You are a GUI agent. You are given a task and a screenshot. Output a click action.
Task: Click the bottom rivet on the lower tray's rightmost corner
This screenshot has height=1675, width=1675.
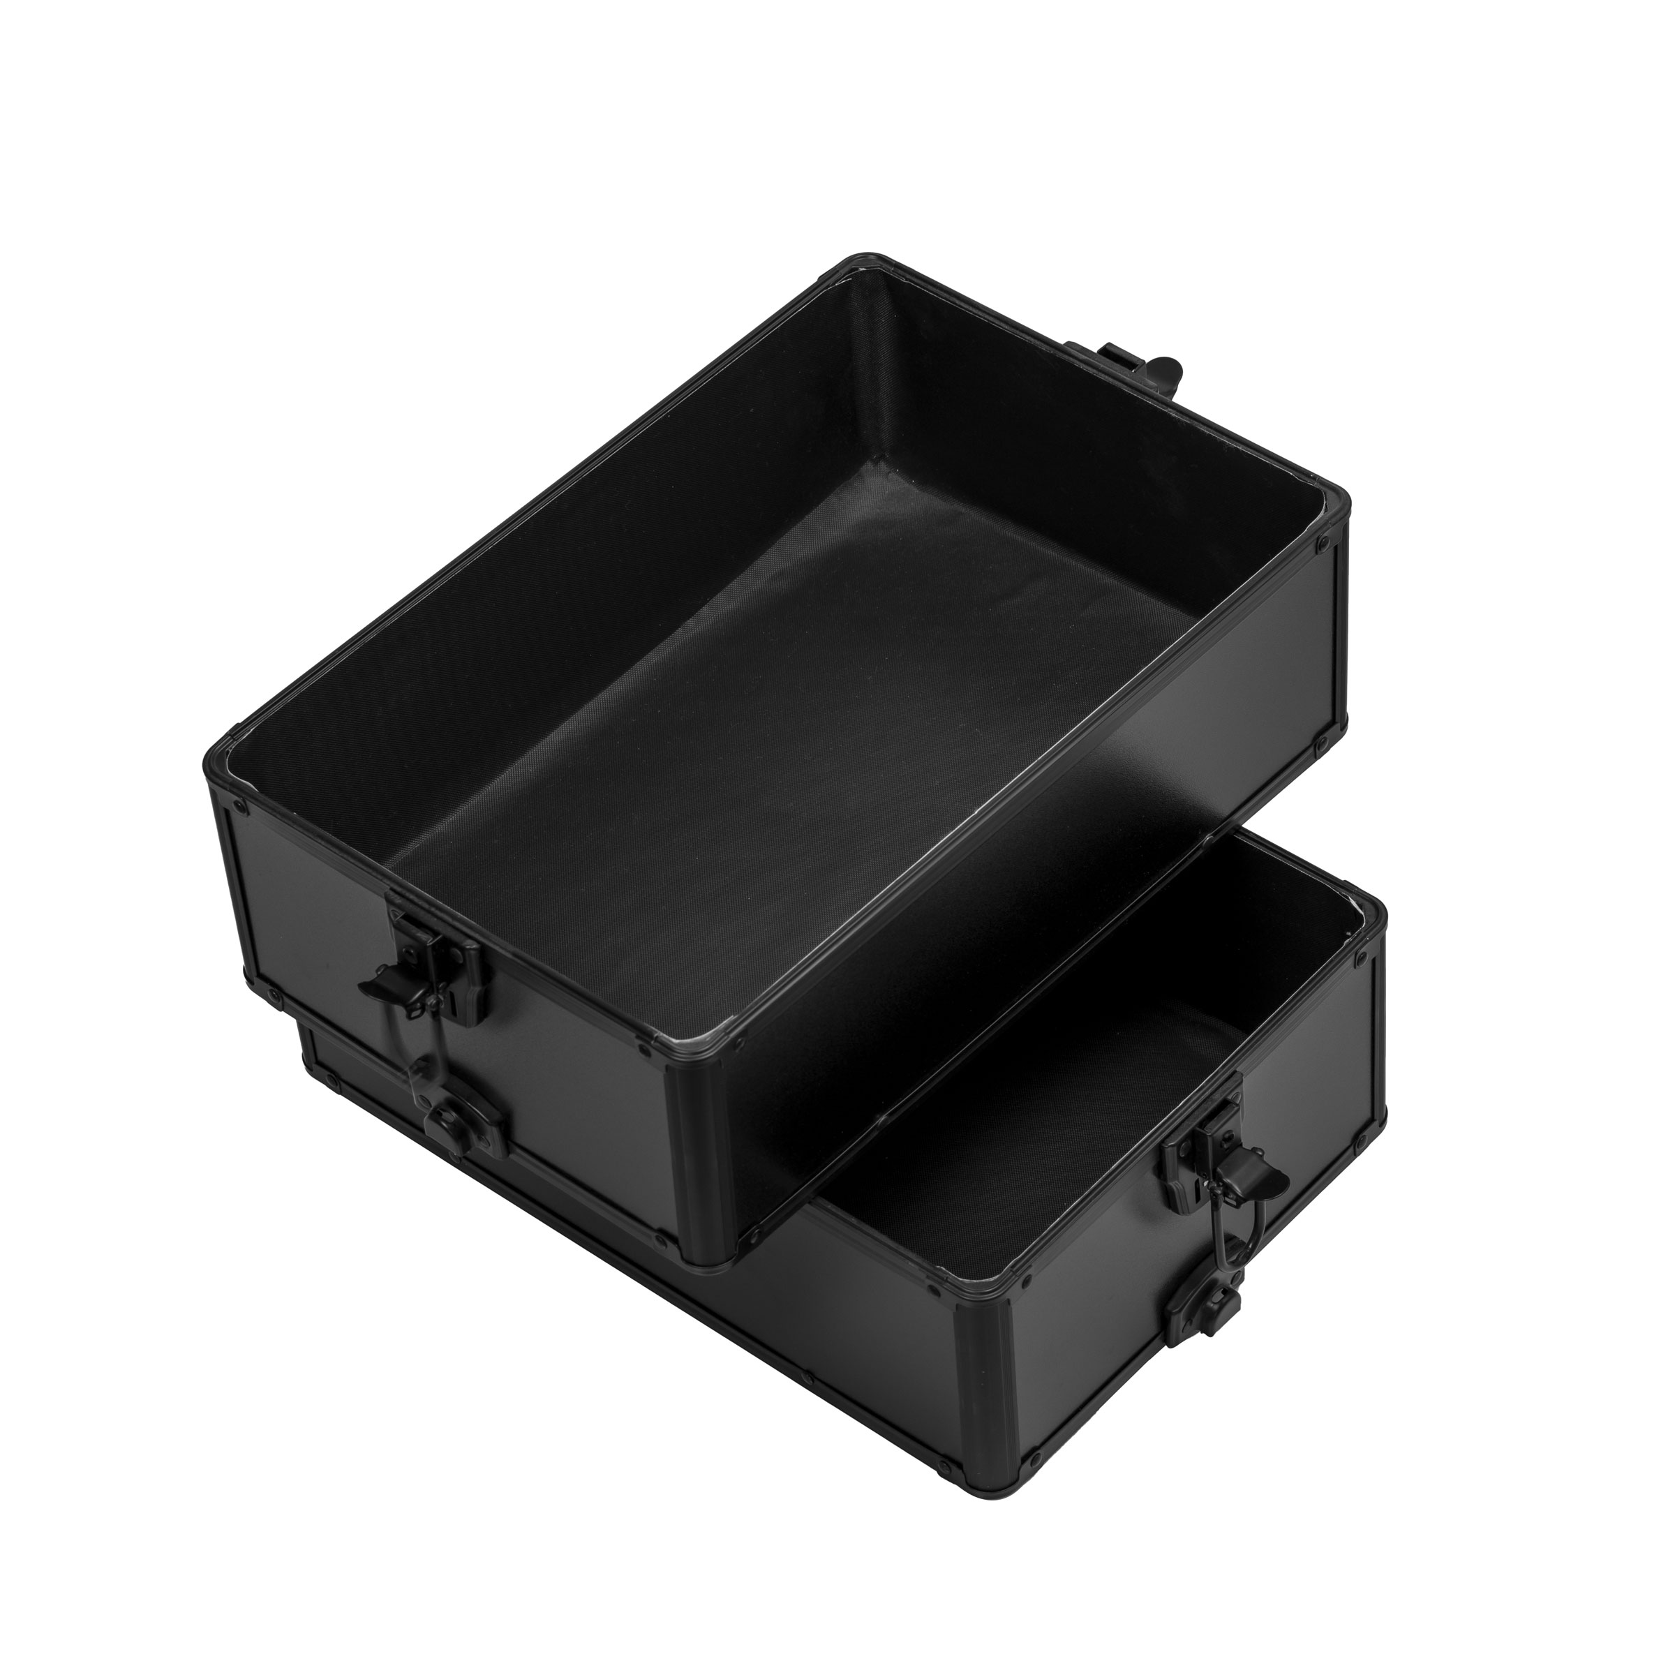coord(1374,1112)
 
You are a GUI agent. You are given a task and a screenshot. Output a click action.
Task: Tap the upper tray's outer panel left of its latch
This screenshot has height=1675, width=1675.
coord(304,884)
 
